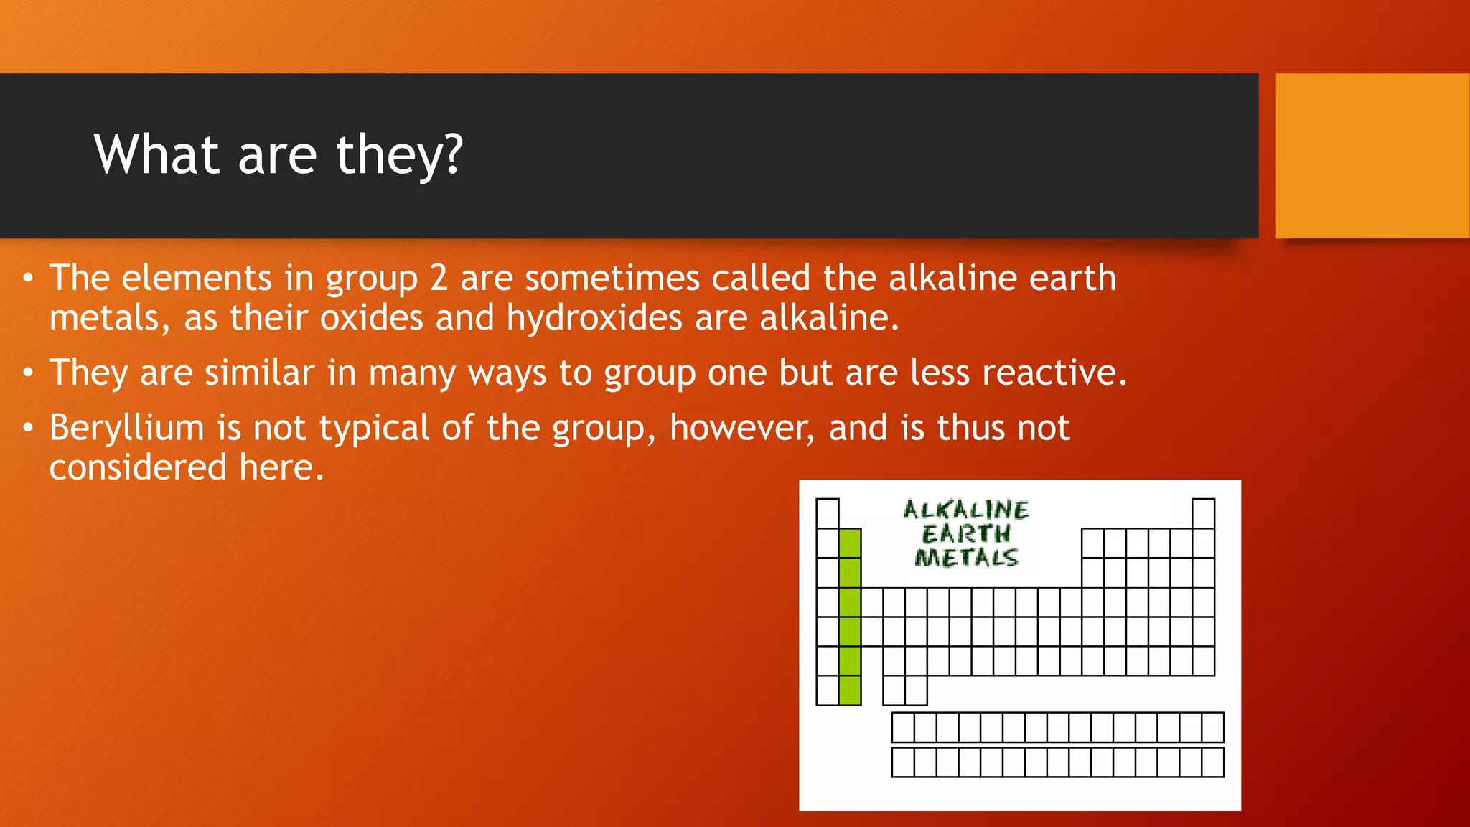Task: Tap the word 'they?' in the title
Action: (x=400, y=156)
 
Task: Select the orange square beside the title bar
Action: (x=1372, y=156)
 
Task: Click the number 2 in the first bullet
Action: (x=439, y=279)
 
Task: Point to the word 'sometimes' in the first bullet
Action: (x=612, y=279)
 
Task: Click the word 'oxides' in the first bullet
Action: (x=371, y=317)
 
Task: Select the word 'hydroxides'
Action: (x=594, y=317)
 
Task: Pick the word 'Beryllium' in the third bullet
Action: (x=127, y=428)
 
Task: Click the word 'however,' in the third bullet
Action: (x=742, y=428)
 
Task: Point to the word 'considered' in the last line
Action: (x=138, y=467)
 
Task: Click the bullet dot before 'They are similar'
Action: (x=28, y=373)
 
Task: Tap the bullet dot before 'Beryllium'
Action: (x=28, y=428)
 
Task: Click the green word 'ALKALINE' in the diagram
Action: (x=965, y=510)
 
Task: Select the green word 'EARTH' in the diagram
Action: (x=965, y=534)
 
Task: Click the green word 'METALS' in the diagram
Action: (x=965, y=558)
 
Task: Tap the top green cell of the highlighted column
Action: (x=850, y=543)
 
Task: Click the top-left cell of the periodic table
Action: (x=828, y=514)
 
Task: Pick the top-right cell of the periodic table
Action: (x=1203, y=514)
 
